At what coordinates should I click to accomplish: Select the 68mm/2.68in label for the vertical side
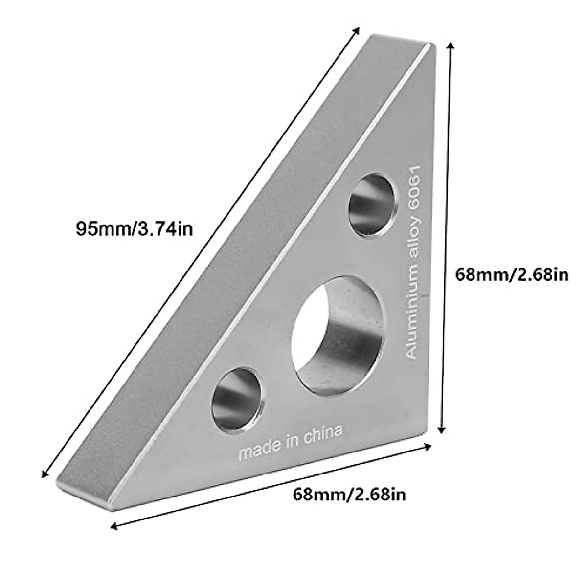pos(512,275)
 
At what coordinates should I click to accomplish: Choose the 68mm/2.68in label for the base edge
pos(349,495)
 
